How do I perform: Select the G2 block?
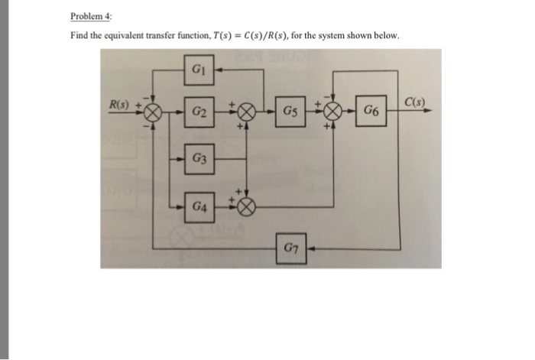coord(198,113)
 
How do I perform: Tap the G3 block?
coord(198,159)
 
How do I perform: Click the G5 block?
coord(291,113)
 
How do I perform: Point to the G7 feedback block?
coord(292,247)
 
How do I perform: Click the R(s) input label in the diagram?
coord(120,104)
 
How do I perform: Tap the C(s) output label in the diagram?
coord(416,103)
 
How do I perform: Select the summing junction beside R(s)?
coord(152,113)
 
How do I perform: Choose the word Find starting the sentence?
coord(79,37)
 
